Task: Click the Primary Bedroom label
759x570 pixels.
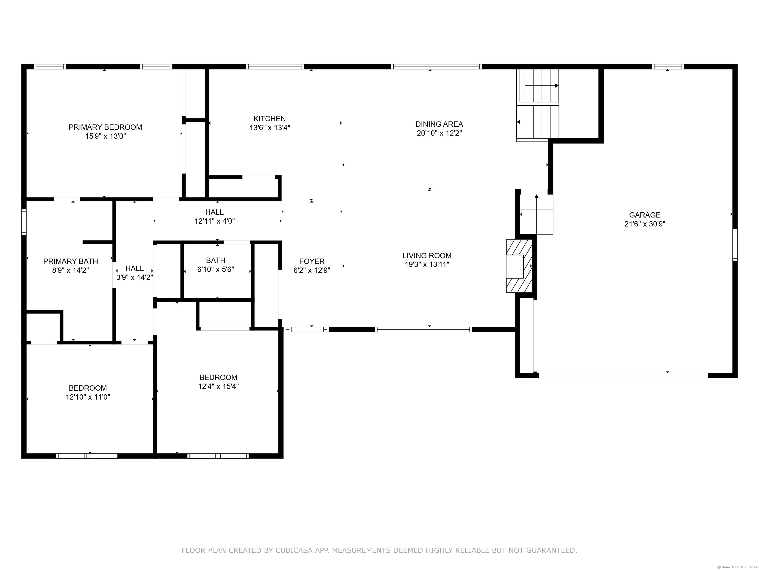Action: [x=105, y=127]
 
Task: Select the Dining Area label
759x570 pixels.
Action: [x=439, y=124]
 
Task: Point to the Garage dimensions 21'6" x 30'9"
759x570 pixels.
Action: [x=645, y=224]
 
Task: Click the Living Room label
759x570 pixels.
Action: [x=427, y=256]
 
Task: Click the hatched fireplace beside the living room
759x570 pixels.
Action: [x=519, y=266]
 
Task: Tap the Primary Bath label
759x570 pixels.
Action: [x=71, y=261]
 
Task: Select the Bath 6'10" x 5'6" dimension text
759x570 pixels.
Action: [x=215, y=269]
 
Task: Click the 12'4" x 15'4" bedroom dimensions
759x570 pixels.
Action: [x=218, y=386]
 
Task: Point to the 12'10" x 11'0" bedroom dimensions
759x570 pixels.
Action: [x=88, y=397]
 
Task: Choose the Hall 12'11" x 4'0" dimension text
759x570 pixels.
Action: [x=214, y=221]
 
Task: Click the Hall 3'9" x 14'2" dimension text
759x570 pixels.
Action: [x=134, y=277]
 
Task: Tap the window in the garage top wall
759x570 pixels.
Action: [x=668, y=67]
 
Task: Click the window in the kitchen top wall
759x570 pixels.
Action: [x=275, y=67]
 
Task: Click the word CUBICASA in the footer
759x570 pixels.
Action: [x=294, y=550]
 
